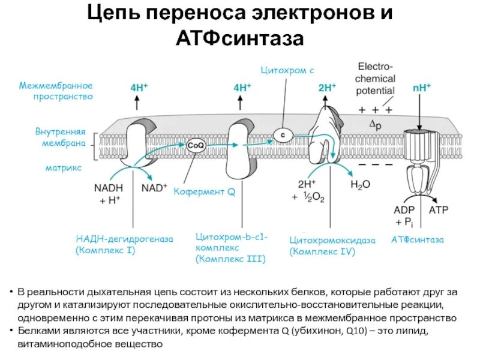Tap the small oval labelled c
pyautogui.click(x=283, y=134)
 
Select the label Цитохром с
pyautogui.click(x=287, y=71)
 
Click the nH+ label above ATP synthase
pyautogui.click(x=422, y=88)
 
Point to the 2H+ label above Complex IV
pyautogui.click(x=326, y=88)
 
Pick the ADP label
pyautogui.click(x=404, y=211)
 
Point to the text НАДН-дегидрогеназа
pyautogui.click(x=125, y=239)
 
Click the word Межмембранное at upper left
pyautogui.click(x=56, y=85)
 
